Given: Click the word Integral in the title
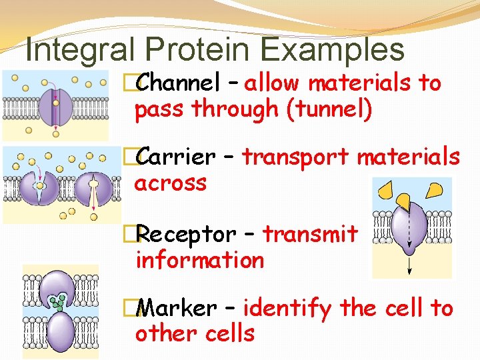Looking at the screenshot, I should [73, 49].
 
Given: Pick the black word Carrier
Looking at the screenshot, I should [177, 157].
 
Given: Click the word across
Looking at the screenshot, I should [171, 183].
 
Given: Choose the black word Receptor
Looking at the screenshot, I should [187, 235].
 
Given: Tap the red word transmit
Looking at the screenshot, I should [311, 235].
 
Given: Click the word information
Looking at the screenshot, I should [199, 260].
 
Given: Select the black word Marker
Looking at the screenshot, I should [178, 309].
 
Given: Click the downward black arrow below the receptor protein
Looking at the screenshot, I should [409, 264].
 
